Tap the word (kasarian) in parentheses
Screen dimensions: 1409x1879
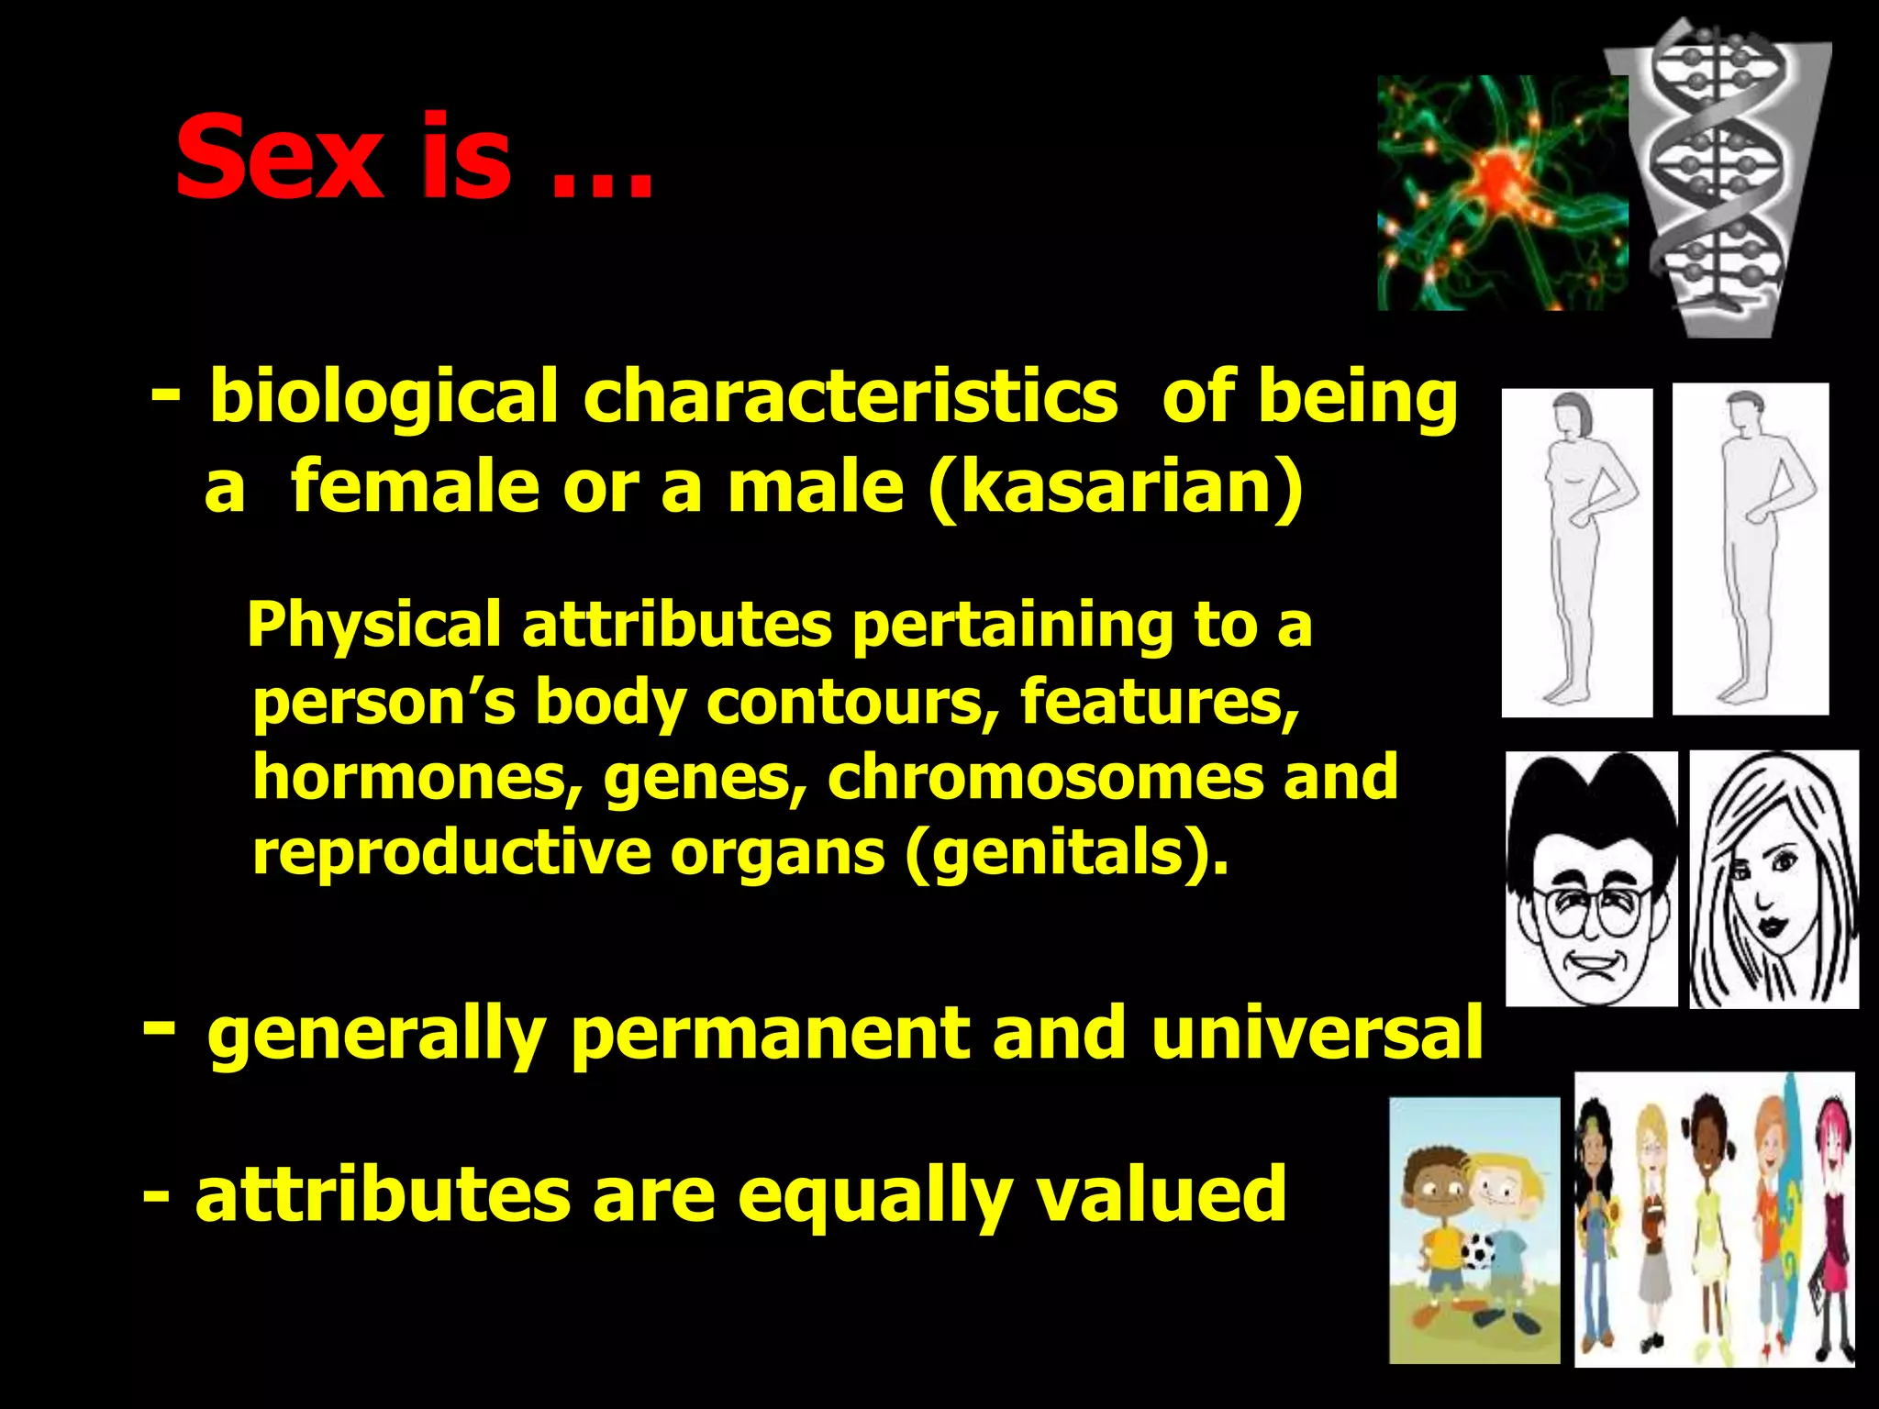tap(1115, 488)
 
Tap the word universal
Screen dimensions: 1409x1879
tap(1316, 1034)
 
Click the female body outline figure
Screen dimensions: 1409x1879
tap(1575, 550)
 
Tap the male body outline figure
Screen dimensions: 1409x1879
tap(1749, 549)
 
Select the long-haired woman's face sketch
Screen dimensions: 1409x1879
tap(1773, 879)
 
